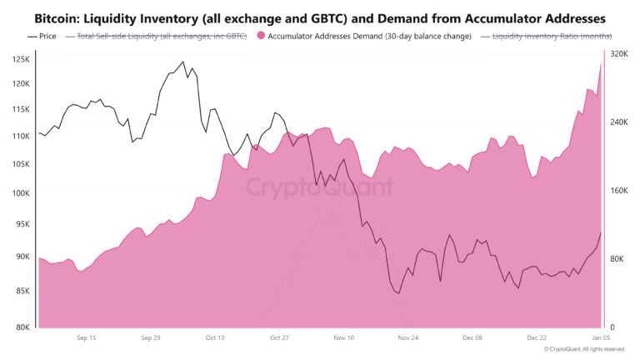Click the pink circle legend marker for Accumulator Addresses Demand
[262, 36]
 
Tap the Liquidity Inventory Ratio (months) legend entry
[552, 36]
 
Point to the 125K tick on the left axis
[21, 60]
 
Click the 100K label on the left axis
[21, 193]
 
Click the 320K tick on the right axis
[618, 53]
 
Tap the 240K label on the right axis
[618, 122]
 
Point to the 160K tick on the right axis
[618, 190]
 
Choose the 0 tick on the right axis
[612, 327]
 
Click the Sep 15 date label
[86, 338]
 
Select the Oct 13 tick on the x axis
[214, 338]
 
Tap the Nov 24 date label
[407, 338]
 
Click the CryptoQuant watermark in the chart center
[320, 187]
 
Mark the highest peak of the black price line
[183, 62]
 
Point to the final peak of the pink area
[601, 64]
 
